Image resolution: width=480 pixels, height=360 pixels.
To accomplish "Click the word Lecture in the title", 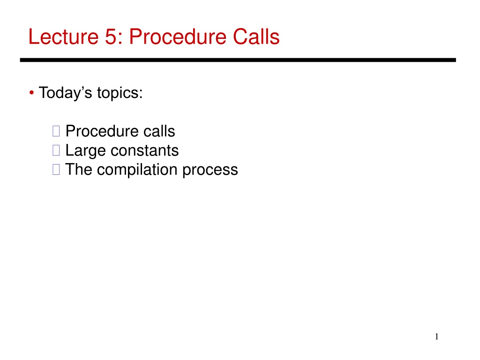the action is pos(63,37).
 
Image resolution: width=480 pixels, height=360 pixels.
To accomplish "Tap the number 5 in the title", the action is pos(111,37).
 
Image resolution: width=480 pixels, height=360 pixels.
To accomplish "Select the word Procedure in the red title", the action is pos(178,37).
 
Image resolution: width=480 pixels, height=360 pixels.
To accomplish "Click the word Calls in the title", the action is pos(256,37).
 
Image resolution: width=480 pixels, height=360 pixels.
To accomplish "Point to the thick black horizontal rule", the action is pos(238,60).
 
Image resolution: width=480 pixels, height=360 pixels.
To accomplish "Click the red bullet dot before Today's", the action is pos(31,92).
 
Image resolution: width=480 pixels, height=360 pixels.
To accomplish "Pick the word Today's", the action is pos(65,93).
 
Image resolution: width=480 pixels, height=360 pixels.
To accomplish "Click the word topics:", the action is pos(120,93).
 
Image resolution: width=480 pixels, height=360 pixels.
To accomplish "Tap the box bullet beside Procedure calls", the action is pos(56,131).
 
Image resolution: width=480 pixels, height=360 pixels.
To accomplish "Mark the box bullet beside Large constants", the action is pos(56,150).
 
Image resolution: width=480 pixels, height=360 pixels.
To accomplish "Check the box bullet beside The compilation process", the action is pos(56,169).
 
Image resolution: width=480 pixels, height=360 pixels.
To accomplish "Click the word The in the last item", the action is pos(79,169).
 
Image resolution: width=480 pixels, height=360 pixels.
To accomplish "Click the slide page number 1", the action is pos(436,337).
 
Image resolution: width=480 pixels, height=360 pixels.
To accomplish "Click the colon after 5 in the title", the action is pos(120,39).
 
